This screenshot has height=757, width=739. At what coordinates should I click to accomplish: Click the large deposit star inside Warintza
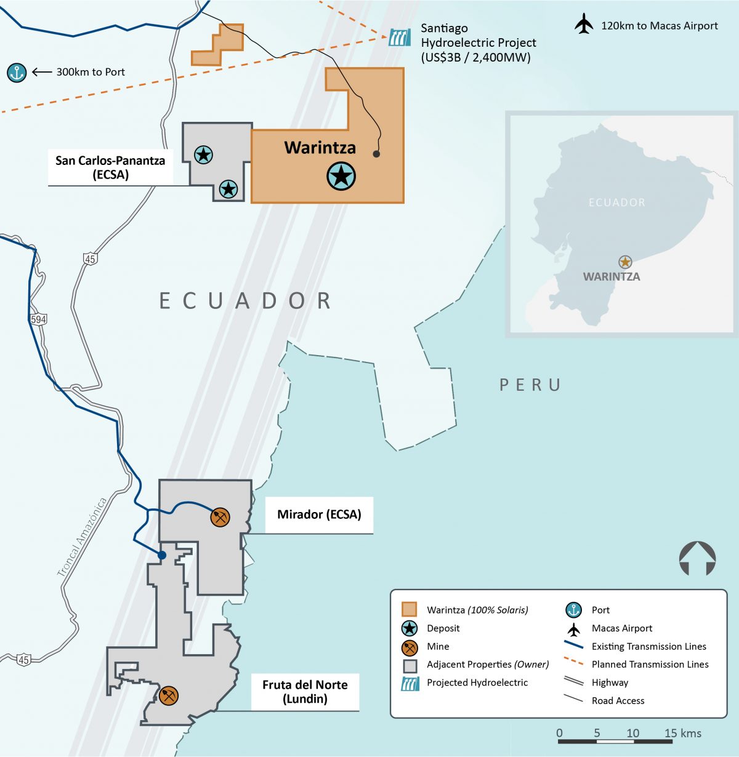(x=341, y=176)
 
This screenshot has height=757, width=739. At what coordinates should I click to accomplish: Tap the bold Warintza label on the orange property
(x=320, y=148)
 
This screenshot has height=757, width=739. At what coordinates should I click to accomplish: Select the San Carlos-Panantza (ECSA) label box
(x=110, y=167)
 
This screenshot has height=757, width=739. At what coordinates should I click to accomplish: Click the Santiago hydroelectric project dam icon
(x=399, y=38)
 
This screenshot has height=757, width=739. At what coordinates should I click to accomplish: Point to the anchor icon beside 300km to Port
(x=17, y=73)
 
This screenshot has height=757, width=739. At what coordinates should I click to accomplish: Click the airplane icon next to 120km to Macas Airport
(x=583, y=25)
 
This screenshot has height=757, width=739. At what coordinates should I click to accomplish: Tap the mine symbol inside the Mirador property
(x=220, y=517)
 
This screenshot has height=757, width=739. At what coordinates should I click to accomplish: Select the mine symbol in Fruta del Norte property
(x=168, y=695)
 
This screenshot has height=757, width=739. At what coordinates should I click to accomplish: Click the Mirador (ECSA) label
(x=319, y=515)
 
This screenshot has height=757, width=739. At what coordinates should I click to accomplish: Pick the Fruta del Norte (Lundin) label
(x=305, y=692)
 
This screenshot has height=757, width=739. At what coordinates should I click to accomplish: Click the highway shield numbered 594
(x=38, y=319)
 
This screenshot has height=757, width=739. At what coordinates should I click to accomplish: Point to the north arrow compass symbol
(x=697, y=558)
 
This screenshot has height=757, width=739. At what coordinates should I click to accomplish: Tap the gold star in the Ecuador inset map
(x=625, y=262)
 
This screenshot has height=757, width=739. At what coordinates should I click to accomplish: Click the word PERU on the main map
(x=530, y=385)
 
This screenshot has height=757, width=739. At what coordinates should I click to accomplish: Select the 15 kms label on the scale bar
(x=682, y=733)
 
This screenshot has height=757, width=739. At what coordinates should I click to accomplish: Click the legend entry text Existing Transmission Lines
(x=648, y=646)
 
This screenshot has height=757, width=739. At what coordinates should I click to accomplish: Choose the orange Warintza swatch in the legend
(x=409, y=610)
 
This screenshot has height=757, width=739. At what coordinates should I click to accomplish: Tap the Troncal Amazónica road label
(x=82, y=537)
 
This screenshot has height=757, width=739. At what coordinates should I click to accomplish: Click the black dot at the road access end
(x=376, y=154)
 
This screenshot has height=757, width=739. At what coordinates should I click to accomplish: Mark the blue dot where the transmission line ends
(x=162, y=555)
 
